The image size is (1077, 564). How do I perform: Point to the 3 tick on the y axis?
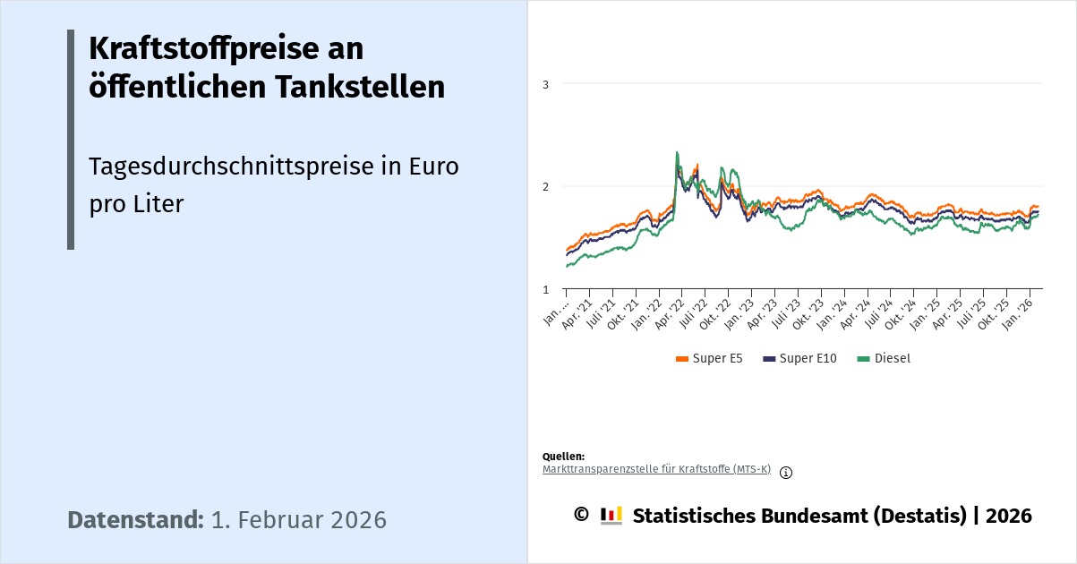point(545,84)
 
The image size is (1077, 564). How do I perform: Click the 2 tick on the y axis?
point(545,186)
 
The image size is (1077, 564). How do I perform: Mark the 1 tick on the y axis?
point(545,289)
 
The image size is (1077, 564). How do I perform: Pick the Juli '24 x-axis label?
point(882,312)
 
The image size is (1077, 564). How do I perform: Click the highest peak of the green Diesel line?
point(677,153)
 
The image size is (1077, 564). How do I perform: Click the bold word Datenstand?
point(135,520)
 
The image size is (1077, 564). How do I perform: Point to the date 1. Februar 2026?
point(299,520)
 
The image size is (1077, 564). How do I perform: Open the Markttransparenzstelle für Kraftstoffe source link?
point(656,469)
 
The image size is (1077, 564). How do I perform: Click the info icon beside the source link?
point(786,473)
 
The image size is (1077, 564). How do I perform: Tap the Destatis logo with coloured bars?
point(611,516)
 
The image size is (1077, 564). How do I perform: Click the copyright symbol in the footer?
point(581,515)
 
